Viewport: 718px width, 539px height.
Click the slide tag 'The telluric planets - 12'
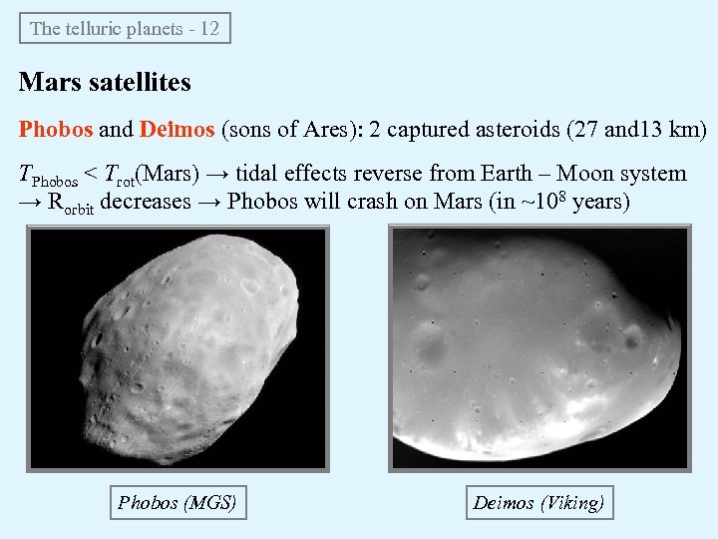[x=125, y=28]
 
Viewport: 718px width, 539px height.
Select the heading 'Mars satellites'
[x=105, y=82]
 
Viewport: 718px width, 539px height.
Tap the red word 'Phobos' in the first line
[x=56, y=130]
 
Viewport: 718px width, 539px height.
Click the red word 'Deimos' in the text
[x=177, y=130]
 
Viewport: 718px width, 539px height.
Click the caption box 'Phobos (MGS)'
[x=177, y=502]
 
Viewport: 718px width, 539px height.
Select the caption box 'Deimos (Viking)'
[x=538, y=502]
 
